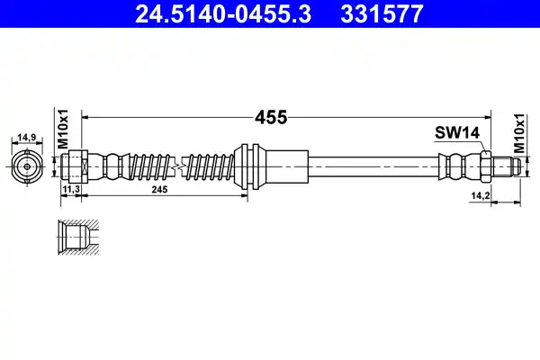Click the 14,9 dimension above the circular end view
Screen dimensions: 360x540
(28, 138)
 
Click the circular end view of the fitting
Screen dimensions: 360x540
(28, 167)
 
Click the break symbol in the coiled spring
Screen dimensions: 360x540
(181, 167)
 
